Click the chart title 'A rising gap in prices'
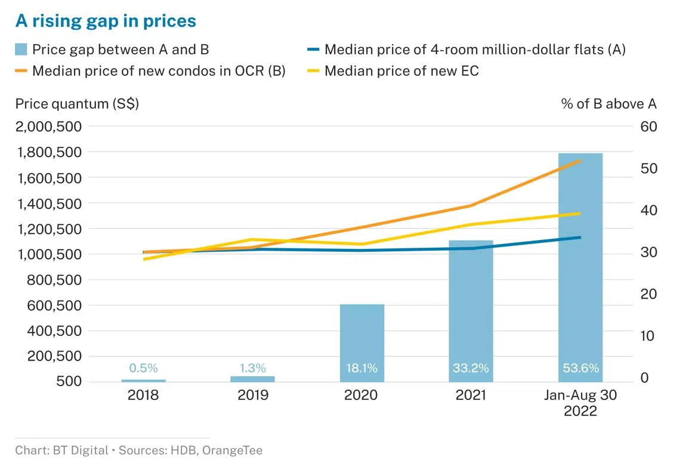pos(106,21)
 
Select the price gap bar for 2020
pos(362,343)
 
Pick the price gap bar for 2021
pos(471,310)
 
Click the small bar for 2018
pos(144,380)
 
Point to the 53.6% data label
pos(580,368)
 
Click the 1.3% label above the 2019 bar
pos(253,368)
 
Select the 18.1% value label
pos(362,368)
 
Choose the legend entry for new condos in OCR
pos(159,71)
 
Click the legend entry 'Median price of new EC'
pos(401,71)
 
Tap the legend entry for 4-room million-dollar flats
pos(474,50)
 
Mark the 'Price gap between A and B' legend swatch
pos(22,50)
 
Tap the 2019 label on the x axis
pos(253,395)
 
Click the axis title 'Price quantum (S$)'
pos(77,103)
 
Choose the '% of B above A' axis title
pos(608,103)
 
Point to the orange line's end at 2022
pos(580,161)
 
